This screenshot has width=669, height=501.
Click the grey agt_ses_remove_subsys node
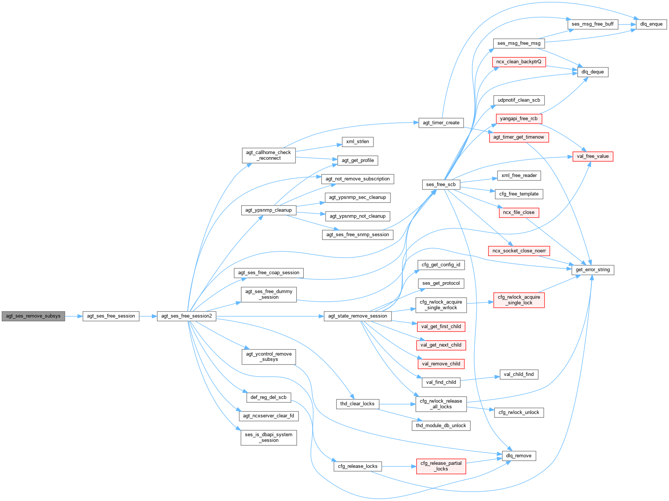click(x=33, y=316)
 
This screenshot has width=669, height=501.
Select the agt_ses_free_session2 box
click(x=187, y=316)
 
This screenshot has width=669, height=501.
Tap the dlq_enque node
click(x=651, y=24)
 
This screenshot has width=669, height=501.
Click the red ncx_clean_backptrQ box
click(x=519, y=62)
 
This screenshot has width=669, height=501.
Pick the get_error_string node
click(x=592, y=270)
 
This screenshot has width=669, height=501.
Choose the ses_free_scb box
click(x=441, y=185)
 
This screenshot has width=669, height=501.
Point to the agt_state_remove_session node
click(x=357, y=316)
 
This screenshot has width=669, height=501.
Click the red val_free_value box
click(x=592, y=156)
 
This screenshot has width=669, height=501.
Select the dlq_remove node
click(x=519, y=456)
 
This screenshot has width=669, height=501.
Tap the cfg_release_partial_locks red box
click(x=441, y=466)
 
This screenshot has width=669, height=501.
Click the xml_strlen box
click(x=358, y=142)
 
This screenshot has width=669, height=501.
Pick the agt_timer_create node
click(x=441, y=123)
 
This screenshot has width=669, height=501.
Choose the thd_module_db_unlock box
click(x=441, y=426)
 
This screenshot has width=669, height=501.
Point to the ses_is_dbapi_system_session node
click(x=268, y=437)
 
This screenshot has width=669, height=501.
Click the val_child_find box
click(x=519, y=374)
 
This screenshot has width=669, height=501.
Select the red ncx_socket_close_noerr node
click(x=519, y=251)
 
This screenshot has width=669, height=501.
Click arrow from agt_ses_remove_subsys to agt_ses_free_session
click(x=74, y=316)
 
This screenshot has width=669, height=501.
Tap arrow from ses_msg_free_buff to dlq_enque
click(x=627, y=24)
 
